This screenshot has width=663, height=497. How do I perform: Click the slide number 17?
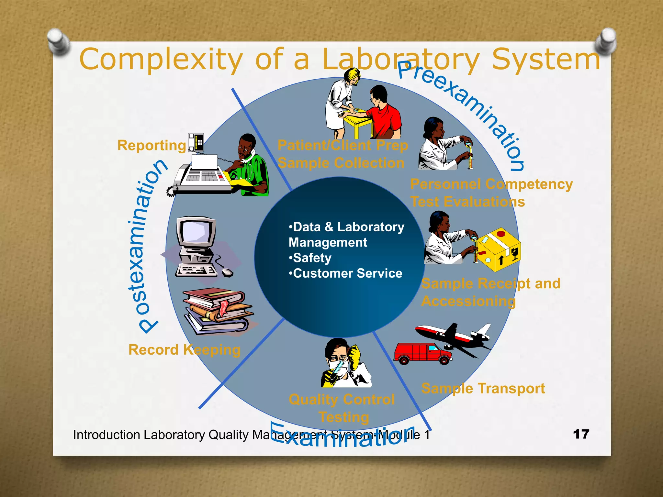[x=581, y=434]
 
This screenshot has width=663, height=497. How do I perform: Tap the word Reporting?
[x=152, y=145]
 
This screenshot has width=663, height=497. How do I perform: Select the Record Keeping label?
[x=184, y=350]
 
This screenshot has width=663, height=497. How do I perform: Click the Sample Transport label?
[x=483, y=388]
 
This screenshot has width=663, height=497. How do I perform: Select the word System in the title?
[x=546, y=60]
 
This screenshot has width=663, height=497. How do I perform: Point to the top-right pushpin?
[x=605, y=41]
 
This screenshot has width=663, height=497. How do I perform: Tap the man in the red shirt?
[x=384, y=113]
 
